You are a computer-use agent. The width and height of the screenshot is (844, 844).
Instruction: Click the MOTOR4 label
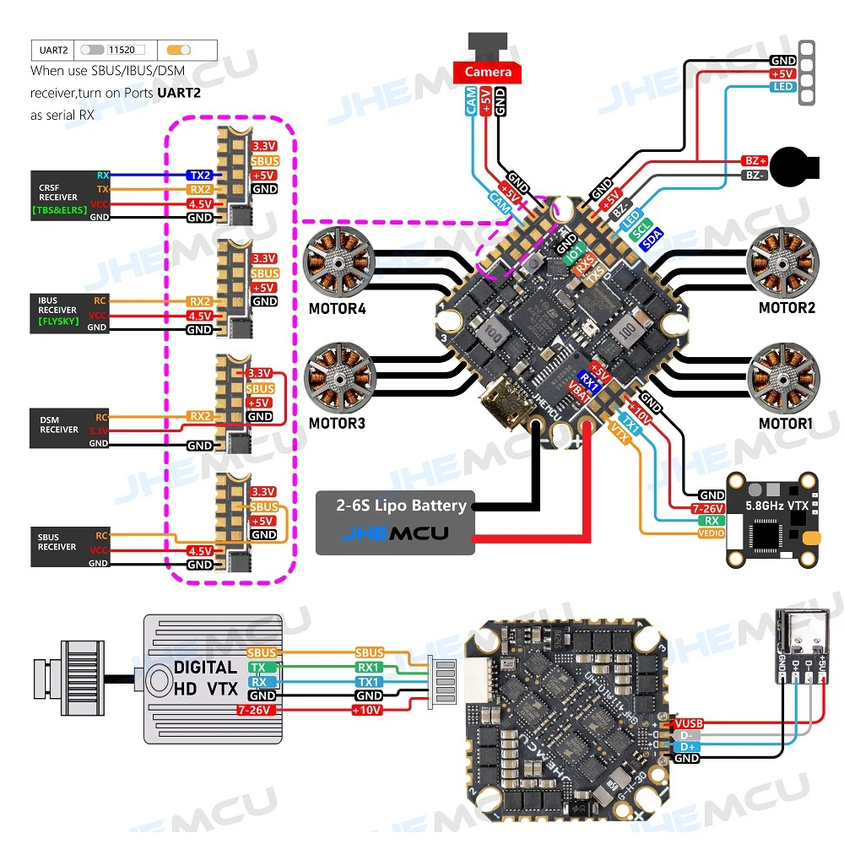tap(338, 308)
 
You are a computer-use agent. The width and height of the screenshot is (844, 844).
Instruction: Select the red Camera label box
tap(488, 73)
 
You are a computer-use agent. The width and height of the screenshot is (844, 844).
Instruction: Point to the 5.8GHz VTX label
tap(776, 506)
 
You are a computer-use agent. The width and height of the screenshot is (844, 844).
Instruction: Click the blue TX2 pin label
tap(200, 175)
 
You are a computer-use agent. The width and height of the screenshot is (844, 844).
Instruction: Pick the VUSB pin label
tap(688, 723)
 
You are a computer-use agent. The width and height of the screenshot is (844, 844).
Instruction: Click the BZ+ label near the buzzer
tap(755, 160)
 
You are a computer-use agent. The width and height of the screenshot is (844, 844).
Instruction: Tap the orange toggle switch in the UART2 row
tap(179, 50)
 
